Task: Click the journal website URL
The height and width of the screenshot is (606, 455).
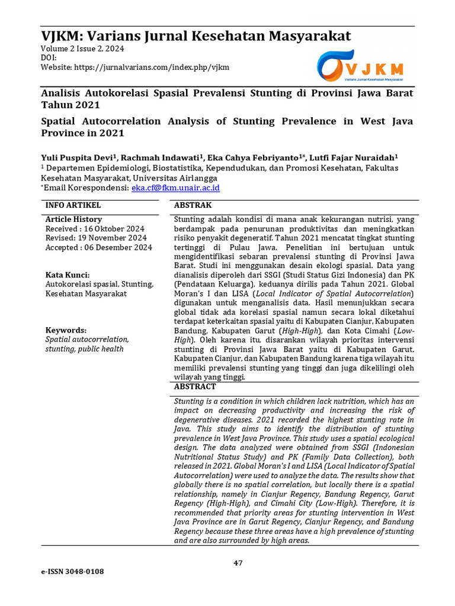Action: [152, 67]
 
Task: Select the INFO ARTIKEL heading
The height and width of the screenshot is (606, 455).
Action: [73, 205]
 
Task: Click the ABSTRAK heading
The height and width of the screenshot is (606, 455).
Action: [191, 205]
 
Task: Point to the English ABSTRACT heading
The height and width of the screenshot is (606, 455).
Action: [194, 386]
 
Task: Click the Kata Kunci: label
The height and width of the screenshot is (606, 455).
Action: [68, 275]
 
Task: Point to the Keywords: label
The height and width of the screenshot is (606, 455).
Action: [66, 330]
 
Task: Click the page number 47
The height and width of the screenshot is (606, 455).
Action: [238, 563]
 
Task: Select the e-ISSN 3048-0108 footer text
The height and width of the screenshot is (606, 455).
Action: [72, 572]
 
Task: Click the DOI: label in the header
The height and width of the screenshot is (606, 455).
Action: [49, 58]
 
